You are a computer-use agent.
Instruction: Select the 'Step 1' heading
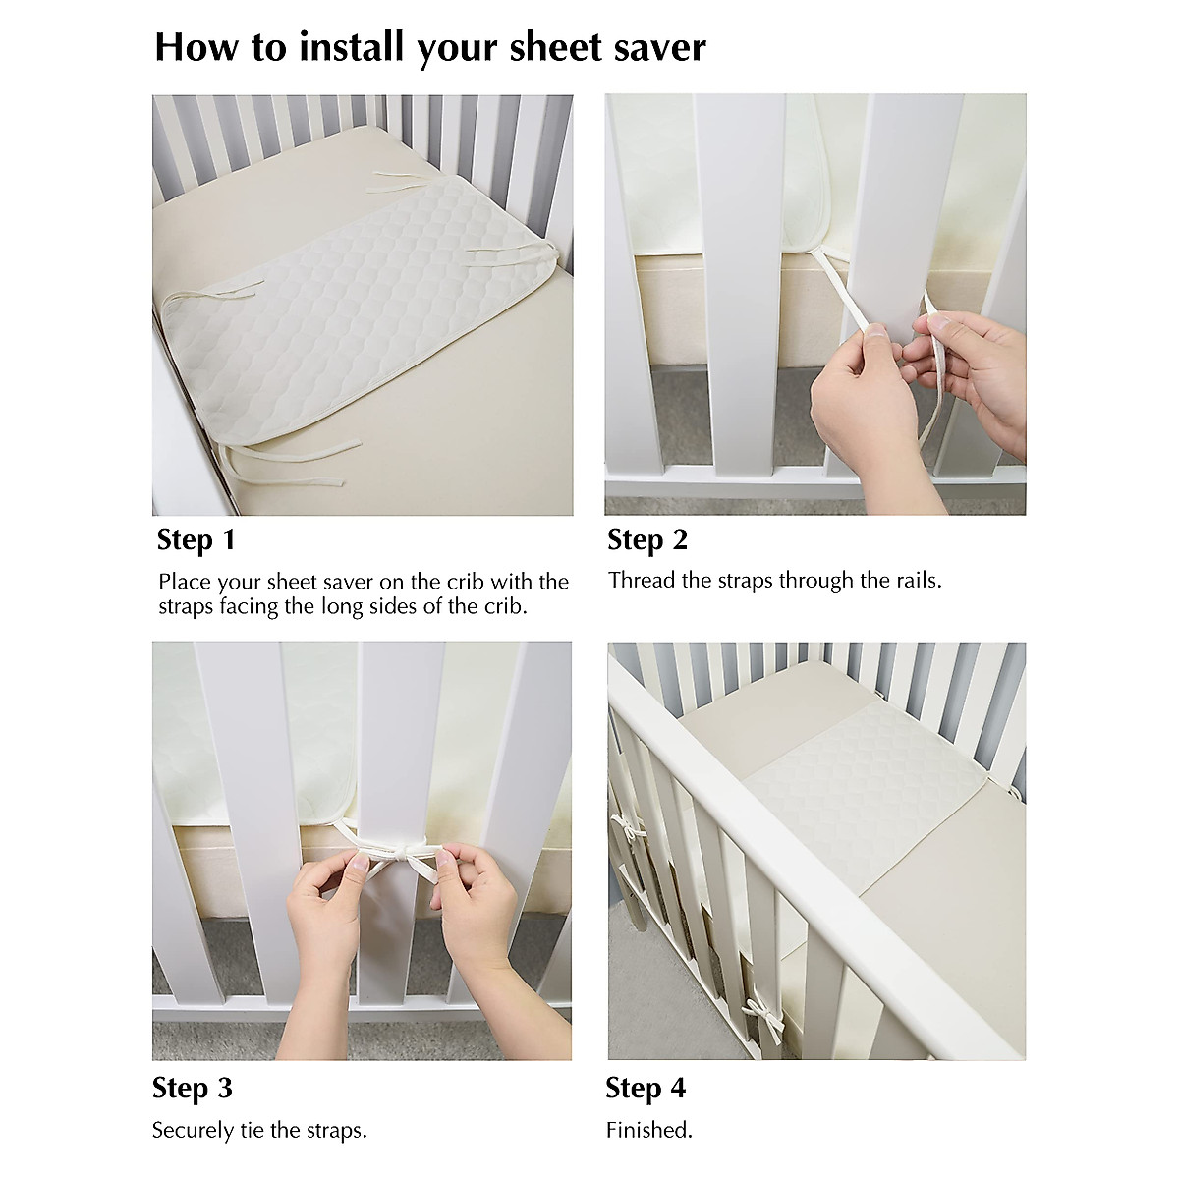tap(196, 539)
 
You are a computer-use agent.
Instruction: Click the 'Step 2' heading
tap(647, 539)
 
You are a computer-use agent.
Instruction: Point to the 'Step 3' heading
tap(193, 1088)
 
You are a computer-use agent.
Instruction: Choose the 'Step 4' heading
tap(646, 1088)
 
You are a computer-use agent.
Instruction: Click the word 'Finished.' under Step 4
tap(649, 1130)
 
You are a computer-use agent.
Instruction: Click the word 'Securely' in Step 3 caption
tap(193, 1130)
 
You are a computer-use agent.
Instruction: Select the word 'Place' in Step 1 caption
tap(185, 582)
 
